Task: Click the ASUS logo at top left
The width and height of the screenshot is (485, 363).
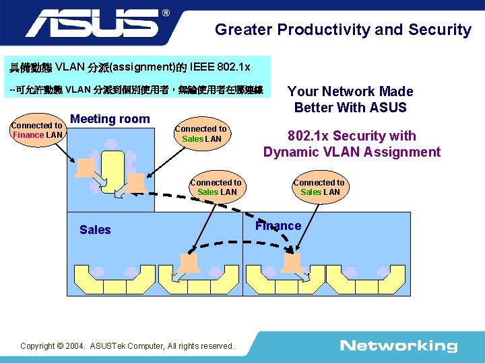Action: tap(94, 24)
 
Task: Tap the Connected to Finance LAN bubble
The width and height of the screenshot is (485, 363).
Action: tap(37, 130)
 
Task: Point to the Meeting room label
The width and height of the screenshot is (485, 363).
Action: tap(110, 119)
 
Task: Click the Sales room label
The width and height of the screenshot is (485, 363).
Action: tap(95, 230)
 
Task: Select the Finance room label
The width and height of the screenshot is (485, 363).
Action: tap(278, 226)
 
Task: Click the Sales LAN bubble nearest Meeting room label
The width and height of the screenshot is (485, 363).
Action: tap(201, 133)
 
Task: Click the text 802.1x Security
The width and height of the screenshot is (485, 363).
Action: tap(352, 136)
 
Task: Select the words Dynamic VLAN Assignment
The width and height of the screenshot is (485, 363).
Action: tap(352, 152)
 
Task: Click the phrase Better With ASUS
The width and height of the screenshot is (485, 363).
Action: tap(350, 108)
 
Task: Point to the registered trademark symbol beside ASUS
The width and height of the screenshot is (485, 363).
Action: tap(166, 13)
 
